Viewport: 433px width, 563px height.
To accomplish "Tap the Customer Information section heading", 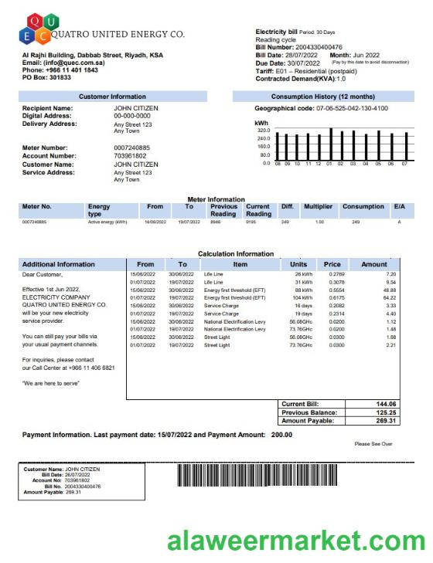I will click(112, 97).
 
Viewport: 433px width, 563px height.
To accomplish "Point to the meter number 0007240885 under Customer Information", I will click(132, 148).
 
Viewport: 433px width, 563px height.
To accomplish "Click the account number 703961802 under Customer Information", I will click(129, 156).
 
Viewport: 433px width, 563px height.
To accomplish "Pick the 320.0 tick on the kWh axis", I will click(264, 131).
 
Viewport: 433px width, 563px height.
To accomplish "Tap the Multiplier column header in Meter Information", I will click(318, 206).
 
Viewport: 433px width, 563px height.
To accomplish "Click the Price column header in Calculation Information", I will click(332, 263).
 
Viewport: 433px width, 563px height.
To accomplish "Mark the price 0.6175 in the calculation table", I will click(335, 297).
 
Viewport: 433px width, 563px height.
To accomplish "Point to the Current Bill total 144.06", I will click(385, 404).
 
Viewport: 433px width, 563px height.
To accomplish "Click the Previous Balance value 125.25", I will click(385, 412).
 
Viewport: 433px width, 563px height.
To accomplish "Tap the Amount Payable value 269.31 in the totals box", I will click(385, 421).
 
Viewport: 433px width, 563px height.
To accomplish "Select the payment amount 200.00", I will click(281, 435).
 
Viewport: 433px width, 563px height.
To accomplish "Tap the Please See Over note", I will click(373, 444).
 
